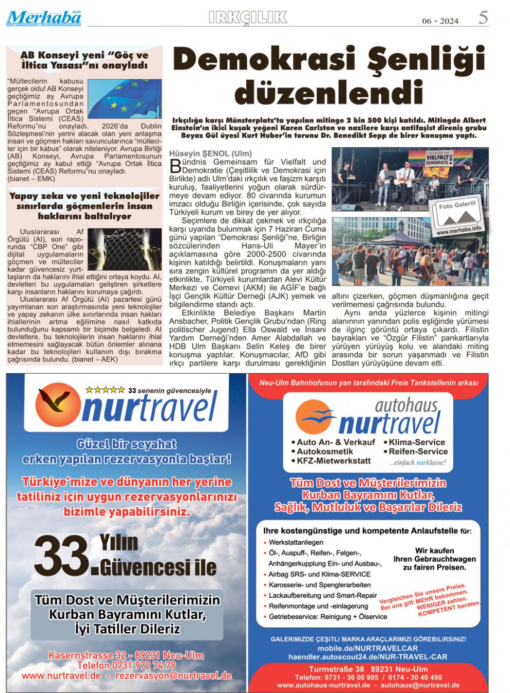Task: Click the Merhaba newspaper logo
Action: (44, 18)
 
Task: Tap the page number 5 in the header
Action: (483, 18)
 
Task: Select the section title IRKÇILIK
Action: (248, 18)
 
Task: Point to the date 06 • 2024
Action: (440, 21)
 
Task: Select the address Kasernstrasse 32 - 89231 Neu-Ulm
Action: (126, 655)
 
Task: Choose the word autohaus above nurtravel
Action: (406, 404)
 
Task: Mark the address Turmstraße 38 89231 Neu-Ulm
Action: (368, 669)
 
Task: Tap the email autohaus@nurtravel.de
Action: (420, 685)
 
